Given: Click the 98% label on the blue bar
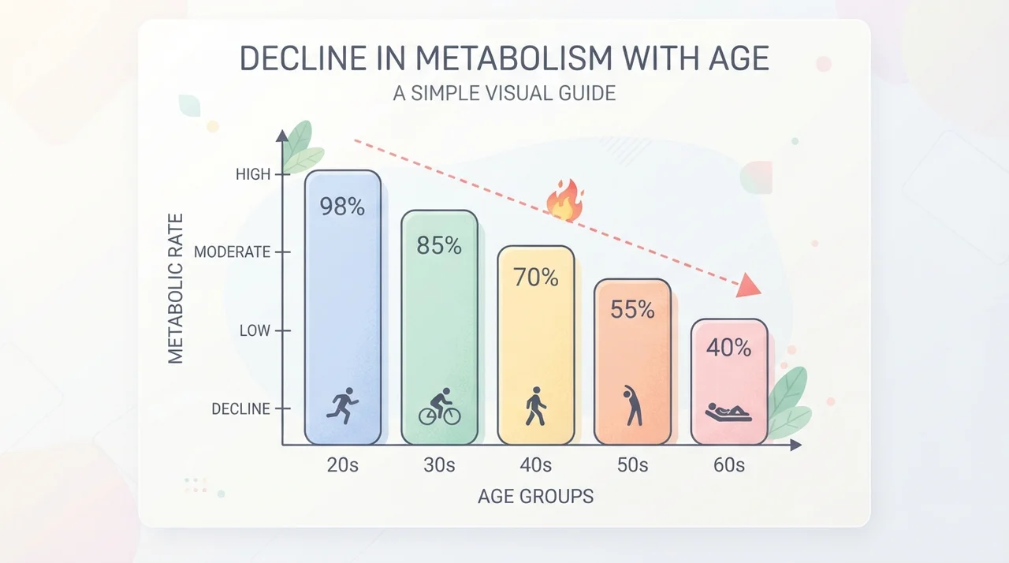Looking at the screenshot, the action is (x=342, y=207).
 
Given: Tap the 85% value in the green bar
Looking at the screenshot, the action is (x=439, y=245).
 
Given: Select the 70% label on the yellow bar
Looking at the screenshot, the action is (x=536, y=277).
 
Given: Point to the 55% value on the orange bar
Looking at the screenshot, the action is (x=632, y=309).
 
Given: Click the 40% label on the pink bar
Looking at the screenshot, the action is (x=729, y=348).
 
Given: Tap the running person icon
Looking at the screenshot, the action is (x=342, y=405).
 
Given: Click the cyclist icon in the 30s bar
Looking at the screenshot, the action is (x=440, y=406).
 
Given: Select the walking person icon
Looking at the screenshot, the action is (x=536, y=406).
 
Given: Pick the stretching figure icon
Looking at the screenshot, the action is (x=633, y=405).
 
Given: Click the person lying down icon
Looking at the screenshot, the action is (x=728, y=412).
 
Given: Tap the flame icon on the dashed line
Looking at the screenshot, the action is (x=565, y=200).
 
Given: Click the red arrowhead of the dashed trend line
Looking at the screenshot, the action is (x=748, y=285).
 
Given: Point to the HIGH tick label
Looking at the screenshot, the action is (x=253, y=174).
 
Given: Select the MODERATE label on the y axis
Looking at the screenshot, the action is (x=233, y=252).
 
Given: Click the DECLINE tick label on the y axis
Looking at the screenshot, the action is (x=241, y=408).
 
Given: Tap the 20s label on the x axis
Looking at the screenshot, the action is (x=343, y=465).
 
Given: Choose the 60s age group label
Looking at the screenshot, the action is (x=729, y=465).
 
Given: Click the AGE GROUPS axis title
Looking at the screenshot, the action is (x=535, y=496).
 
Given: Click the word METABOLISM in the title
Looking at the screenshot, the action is (x=513, y=58).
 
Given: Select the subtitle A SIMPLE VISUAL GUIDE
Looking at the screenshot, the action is (x=504, y=93).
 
